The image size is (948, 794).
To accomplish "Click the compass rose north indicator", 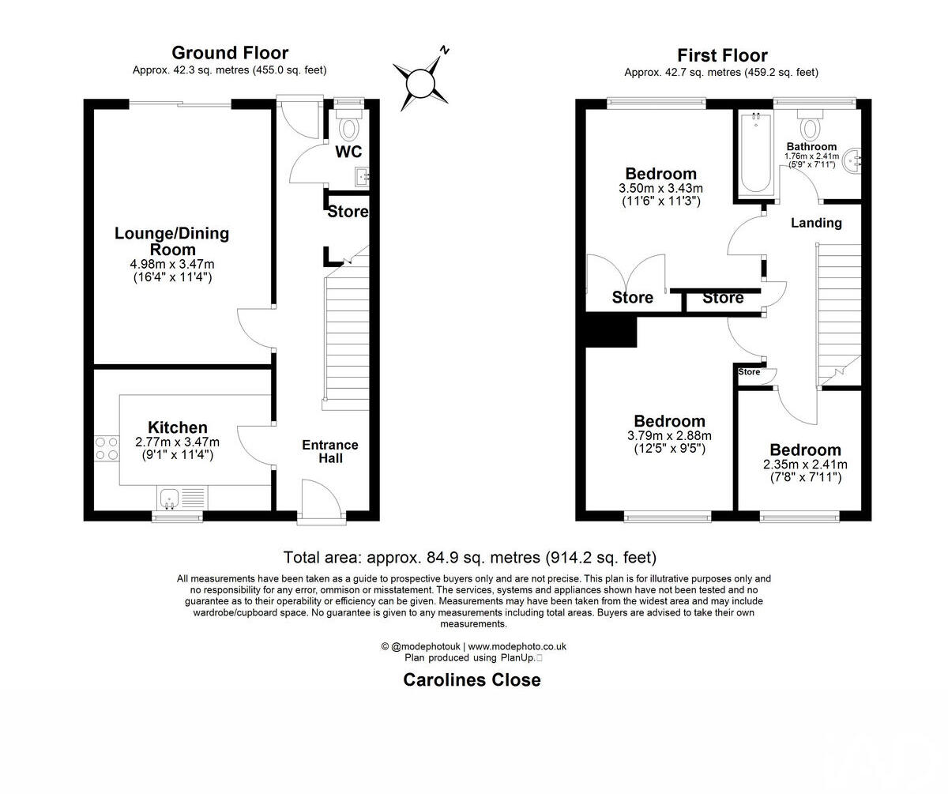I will (x=421, y=79).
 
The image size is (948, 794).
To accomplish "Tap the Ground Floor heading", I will (x=230, y=53).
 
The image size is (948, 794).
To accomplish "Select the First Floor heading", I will (x=722, y=55).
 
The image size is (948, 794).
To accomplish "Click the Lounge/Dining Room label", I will (x=171, y=241).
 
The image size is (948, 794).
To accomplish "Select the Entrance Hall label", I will (x=330, y=451).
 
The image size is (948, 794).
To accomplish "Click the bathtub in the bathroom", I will (x=756, y=154).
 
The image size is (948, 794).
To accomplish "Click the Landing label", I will (x=816, y=223).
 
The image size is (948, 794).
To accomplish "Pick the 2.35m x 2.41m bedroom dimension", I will (x=805, y=465).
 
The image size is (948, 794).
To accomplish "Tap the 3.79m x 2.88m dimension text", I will (x=669, y=435).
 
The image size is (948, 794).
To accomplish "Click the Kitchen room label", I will (x=178, y=427).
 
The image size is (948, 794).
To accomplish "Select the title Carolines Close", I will (x=472, y=679).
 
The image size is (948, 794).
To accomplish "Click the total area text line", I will (x=470, y=558).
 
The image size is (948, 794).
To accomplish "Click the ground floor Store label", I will (x=348, y=212).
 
